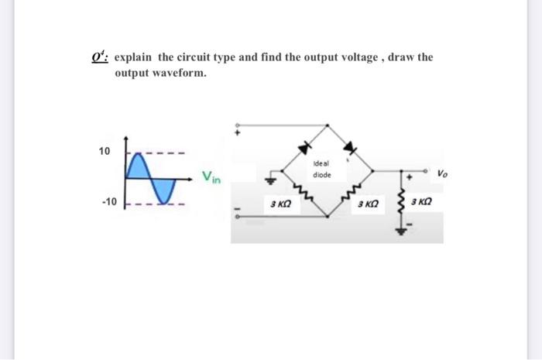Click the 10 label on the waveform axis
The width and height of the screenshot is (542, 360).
[105, 150]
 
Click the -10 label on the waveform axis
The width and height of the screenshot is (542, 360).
[108, 202]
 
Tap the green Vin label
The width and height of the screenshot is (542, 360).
[211, 177]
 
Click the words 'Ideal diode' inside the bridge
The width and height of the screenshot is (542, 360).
[322, 170]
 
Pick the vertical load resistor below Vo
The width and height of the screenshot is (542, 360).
[401, 206]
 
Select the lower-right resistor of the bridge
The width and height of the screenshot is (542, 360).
[353, 197]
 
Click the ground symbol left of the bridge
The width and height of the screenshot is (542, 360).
[272, 181]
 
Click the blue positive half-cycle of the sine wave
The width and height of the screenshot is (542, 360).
[137, 164]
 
